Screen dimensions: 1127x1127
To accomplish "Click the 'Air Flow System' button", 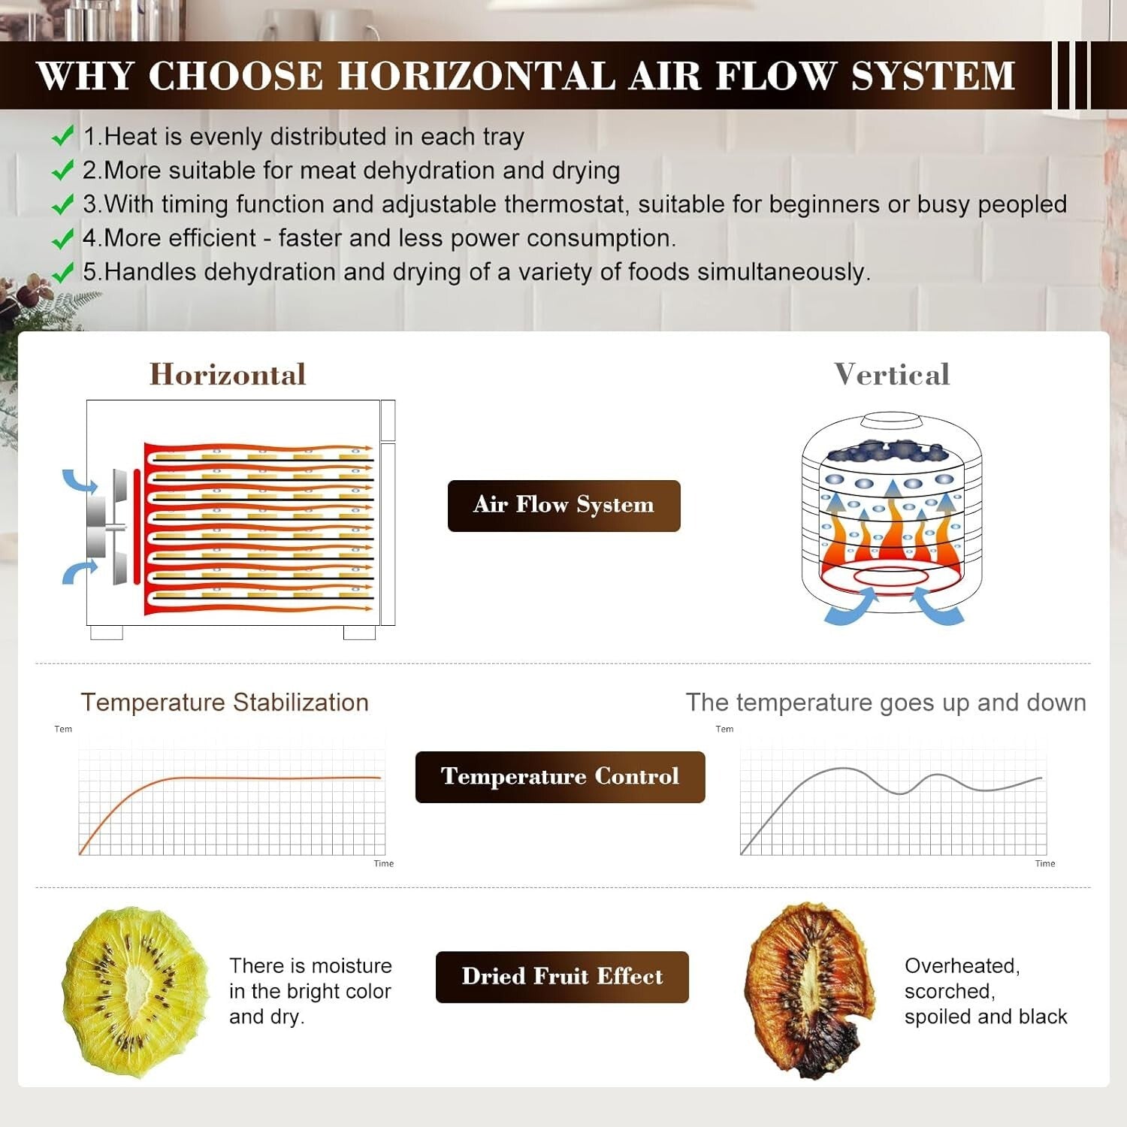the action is click(x=563, y=506).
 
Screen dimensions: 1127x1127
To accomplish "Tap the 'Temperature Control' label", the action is click(x=560, y=777).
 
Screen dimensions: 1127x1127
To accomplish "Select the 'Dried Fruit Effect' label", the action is click(x=562, y=977).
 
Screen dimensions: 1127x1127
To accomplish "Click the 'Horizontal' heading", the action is click(x=228, y=374).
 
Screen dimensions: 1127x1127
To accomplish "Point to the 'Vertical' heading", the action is click(x=892, y=374).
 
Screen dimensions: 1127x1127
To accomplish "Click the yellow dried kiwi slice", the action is click(x=135, y=992).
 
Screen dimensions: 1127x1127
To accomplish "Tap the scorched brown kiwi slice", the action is click(x=810, y=990).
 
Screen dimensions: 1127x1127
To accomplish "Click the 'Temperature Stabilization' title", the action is click(x=225, y=702).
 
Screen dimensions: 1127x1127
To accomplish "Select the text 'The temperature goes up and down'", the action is click(x=886, y=703).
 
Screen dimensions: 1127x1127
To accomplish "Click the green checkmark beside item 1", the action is click(x=62, y=136).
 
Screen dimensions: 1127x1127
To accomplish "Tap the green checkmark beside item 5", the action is click(x=62, y=271).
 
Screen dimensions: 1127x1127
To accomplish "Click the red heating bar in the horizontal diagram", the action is click(x=137, y=526).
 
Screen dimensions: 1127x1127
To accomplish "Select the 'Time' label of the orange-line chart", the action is click(x=384, y=863).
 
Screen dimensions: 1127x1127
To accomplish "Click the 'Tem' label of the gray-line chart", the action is click(x=724, y=729).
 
